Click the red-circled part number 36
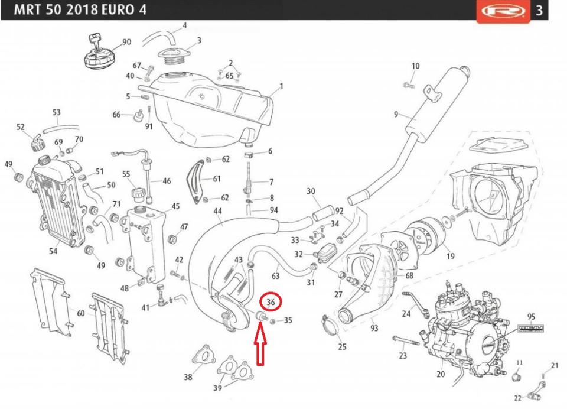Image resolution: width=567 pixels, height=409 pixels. (271, 302)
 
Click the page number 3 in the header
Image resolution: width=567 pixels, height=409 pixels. (539, 11)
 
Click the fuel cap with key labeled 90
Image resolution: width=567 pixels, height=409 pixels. (97, 56)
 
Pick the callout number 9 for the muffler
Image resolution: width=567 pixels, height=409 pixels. (397, 114)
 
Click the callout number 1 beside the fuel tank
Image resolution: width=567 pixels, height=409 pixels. (281, 86)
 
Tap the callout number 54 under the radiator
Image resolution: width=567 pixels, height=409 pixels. (53, 251)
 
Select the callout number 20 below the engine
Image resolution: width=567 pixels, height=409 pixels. (441, 374)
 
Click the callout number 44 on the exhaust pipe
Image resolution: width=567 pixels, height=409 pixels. (218, 211)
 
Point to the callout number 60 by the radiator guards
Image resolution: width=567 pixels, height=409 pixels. (80, 314)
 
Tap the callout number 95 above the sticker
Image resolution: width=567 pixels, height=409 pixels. (531, 317)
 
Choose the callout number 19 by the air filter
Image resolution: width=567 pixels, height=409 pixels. (451, 256)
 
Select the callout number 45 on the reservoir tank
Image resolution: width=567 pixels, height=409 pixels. (175, 206)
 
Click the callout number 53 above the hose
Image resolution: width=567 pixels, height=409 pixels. (57, 112)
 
